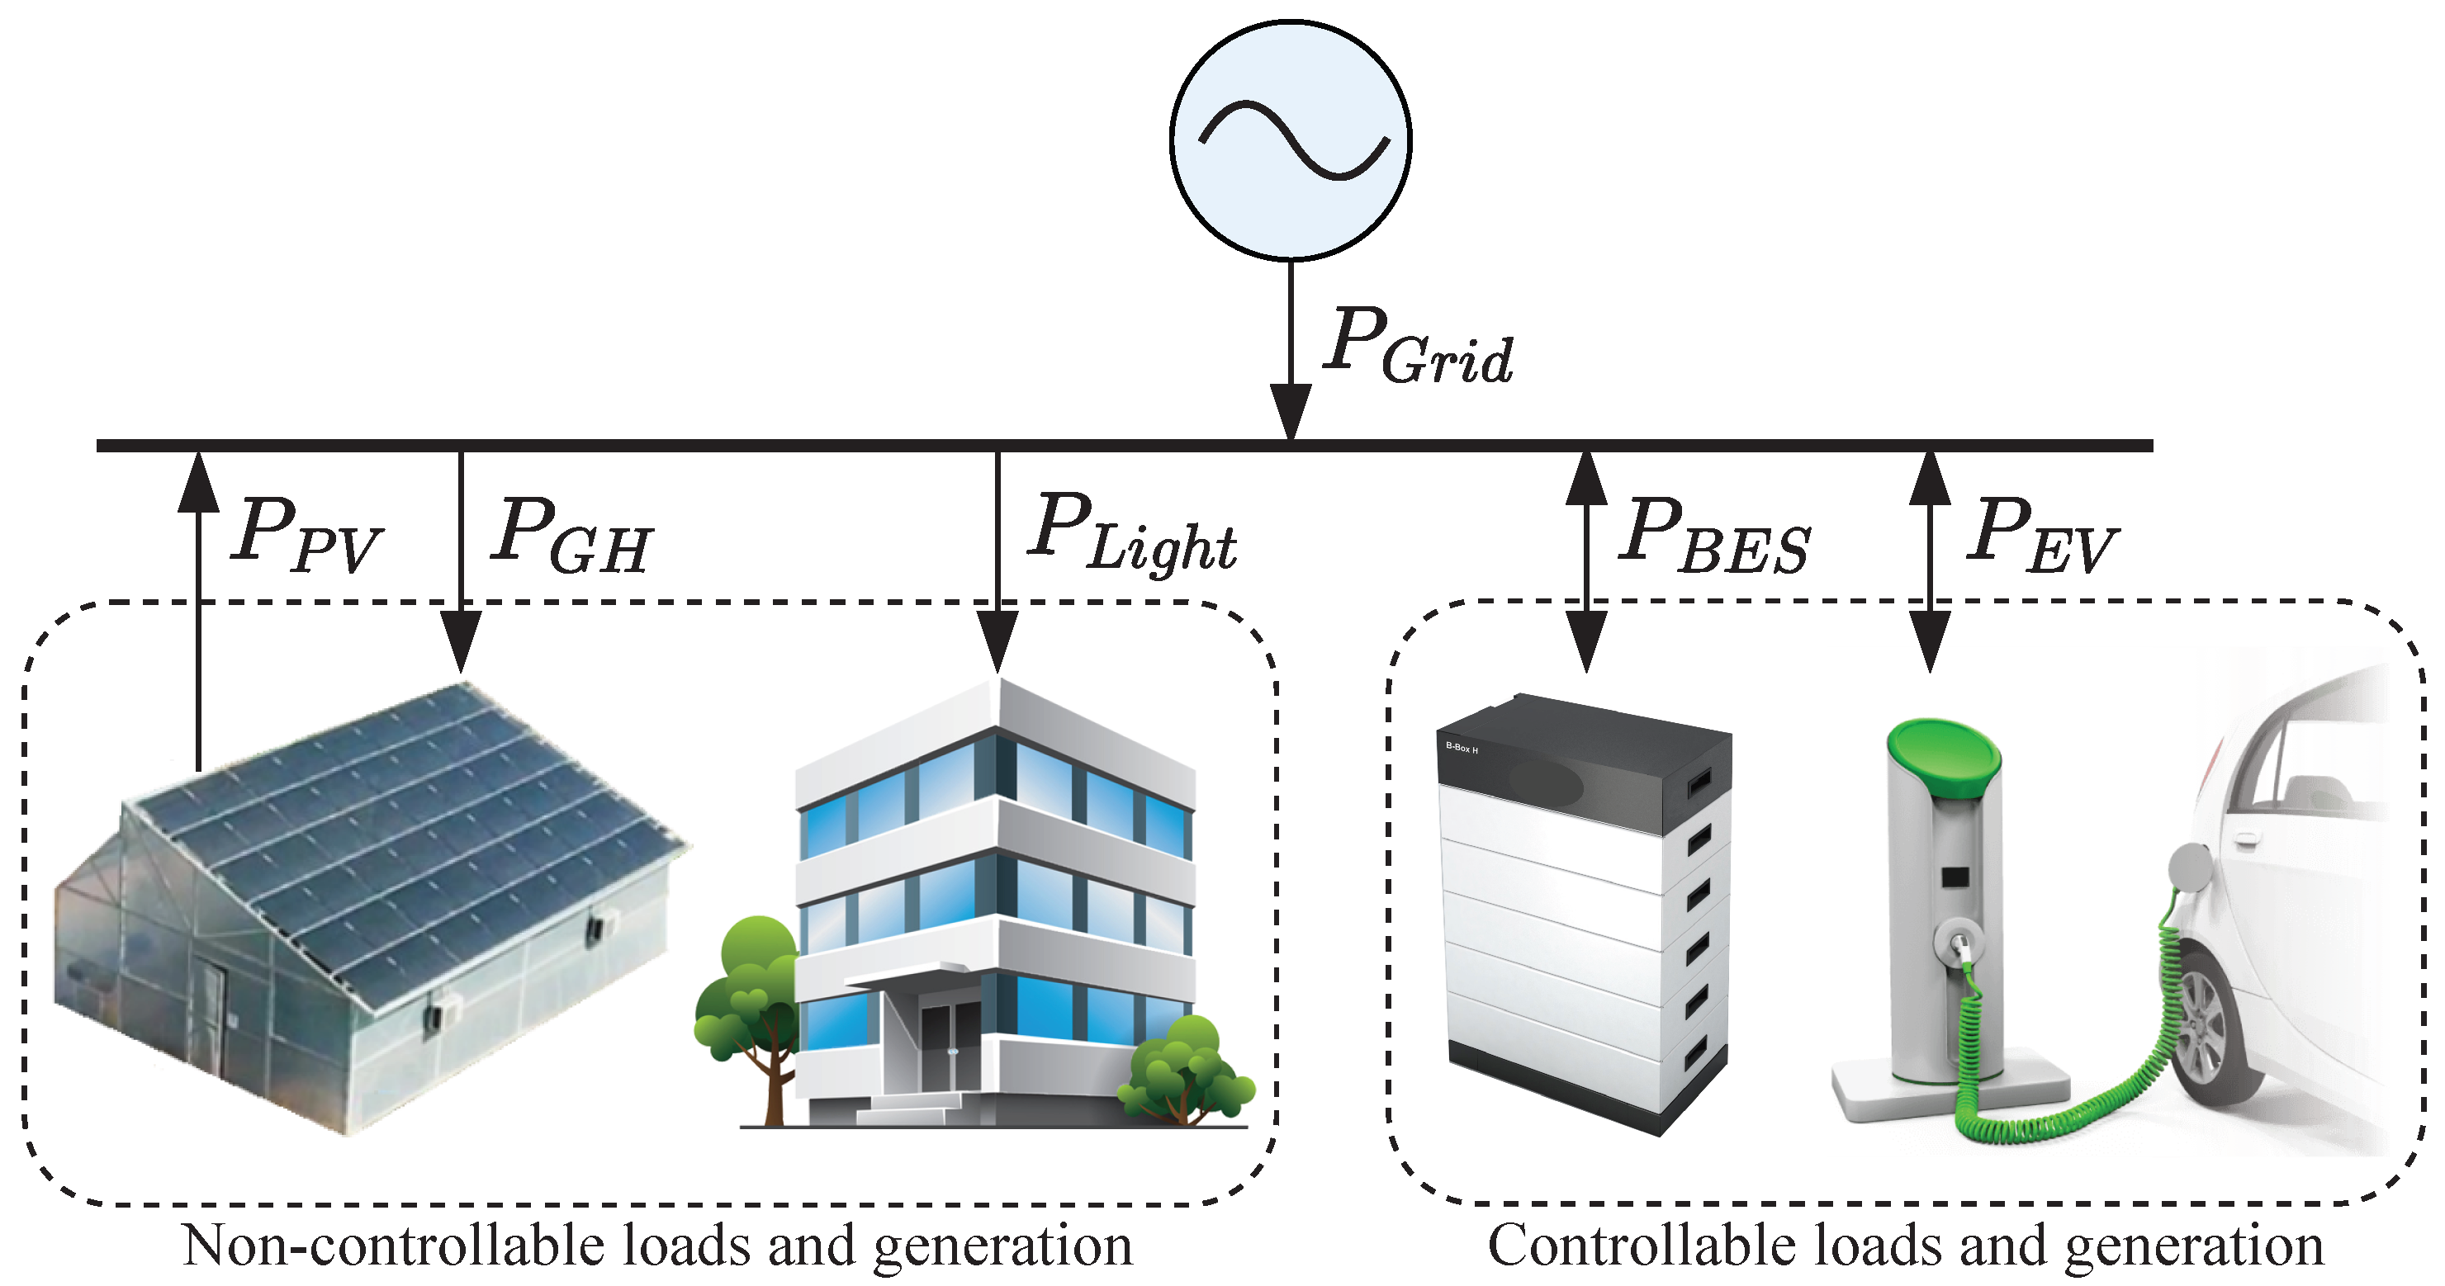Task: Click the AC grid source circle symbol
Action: tap(1290, 139)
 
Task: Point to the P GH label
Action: tap(571, 537)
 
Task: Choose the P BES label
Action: tap(1714, 537)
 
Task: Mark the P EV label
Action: tap(2040, 537)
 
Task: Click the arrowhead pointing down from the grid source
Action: tap(1290, 410)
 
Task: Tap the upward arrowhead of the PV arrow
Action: tap(198, 482)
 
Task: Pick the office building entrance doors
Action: tap(949, 1049)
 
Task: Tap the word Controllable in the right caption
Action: tap(1647, 1246)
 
